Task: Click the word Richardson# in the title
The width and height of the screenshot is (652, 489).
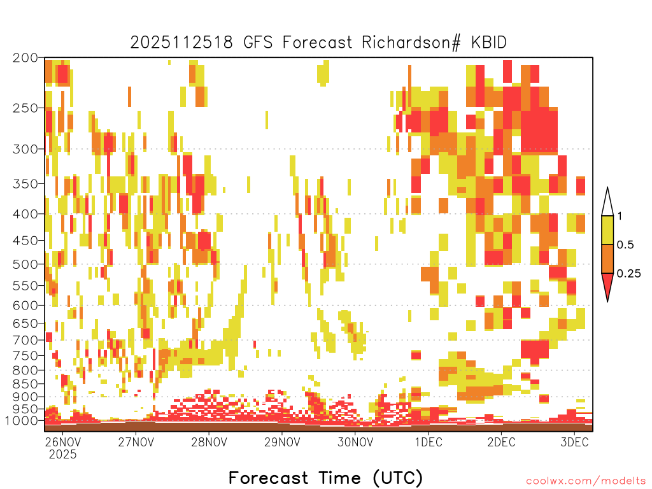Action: [x=411, y=43]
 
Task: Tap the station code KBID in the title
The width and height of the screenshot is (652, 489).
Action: [x=489, y=43]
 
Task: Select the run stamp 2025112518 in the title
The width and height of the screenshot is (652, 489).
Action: [x=181, y=43]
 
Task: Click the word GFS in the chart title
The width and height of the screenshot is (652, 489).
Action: [x=257, y=43]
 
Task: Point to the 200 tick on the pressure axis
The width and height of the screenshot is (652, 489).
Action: [x=25, y=58]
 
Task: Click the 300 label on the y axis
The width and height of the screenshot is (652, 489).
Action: [x=25, y=149]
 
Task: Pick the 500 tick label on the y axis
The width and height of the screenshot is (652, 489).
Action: [x=25, y=264]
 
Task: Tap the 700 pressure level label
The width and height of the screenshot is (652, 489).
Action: [x=25, y=340]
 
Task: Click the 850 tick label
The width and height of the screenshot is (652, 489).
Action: [x=25, y=384]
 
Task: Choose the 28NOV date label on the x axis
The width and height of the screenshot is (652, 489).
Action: [x=209, y=442]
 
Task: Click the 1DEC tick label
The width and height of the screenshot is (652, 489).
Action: [x=429, y=442]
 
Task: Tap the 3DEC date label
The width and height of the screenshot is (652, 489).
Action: [x=575, y=442]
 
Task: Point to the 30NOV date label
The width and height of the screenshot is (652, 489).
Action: [x=355, y=442]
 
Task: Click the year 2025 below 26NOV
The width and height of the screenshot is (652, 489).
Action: [x=63, y=455]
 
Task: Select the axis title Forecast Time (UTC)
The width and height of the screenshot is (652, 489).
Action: [x=325, y=478]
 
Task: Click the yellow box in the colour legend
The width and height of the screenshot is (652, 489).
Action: [x=607, y=230]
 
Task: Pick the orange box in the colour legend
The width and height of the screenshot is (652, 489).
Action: [x=607, y=259]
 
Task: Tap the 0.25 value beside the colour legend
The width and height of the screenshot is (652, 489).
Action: [x=628, y=274]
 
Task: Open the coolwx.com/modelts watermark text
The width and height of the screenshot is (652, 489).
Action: [x=586, y=481]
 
